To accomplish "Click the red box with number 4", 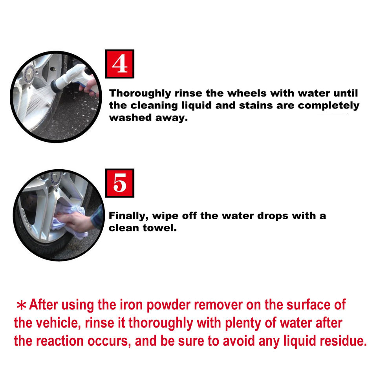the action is tap(119, 64).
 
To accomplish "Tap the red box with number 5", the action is tap(119, 183).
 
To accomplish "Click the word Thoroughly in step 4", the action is tap(140, 93).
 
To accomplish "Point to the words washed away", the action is tap(148, 118).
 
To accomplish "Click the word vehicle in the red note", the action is tap(57, 323).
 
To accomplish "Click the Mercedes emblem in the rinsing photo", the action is tap(30, 73).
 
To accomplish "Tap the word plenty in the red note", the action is tap(243, 323).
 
